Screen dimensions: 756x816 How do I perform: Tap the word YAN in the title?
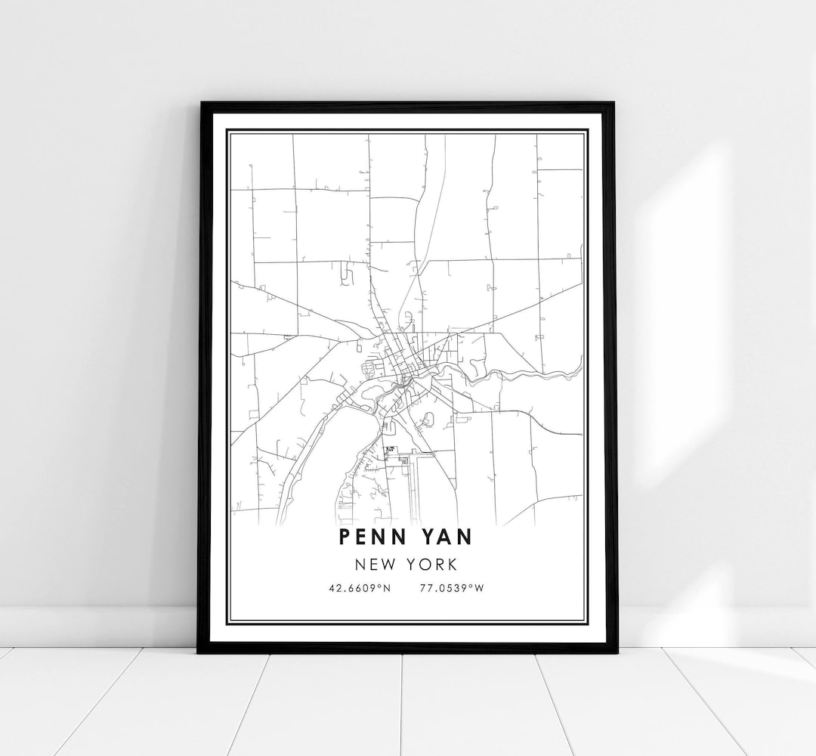point(445,536)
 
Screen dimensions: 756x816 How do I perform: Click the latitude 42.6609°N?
point(360,586)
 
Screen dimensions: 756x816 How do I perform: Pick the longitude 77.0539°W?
point(451,586)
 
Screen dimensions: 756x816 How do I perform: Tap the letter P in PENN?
point(345,536)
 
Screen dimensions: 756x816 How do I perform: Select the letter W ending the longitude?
point(478,586)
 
